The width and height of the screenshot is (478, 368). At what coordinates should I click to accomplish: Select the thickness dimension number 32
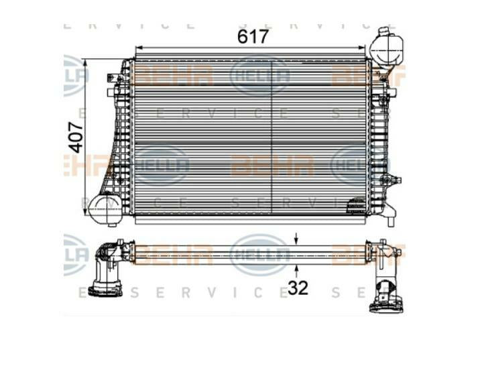point(298,288)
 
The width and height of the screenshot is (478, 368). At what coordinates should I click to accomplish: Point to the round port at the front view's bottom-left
point(105,208)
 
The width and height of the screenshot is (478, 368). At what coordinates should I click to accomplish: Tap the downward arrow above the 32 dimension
point(296,238)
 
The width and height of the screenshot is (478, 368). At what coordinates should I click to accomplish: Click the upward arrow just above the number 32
point(296,270)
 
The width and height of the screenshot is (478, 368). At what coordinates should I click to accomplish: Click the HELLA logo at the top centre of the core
point(259,76)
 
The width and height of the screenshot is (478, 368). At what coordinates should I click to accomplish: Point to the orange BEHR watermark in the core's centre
point(272,164)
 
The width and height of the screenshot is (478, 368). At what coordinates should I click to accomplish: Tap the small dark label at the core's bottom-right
point(356,209)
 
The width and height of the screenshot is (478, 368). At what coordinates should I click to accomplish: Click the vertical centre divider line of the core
point(272,134)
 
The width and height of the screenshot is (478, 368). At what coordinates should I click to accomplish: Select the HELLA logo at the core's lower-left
point(161,165)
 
